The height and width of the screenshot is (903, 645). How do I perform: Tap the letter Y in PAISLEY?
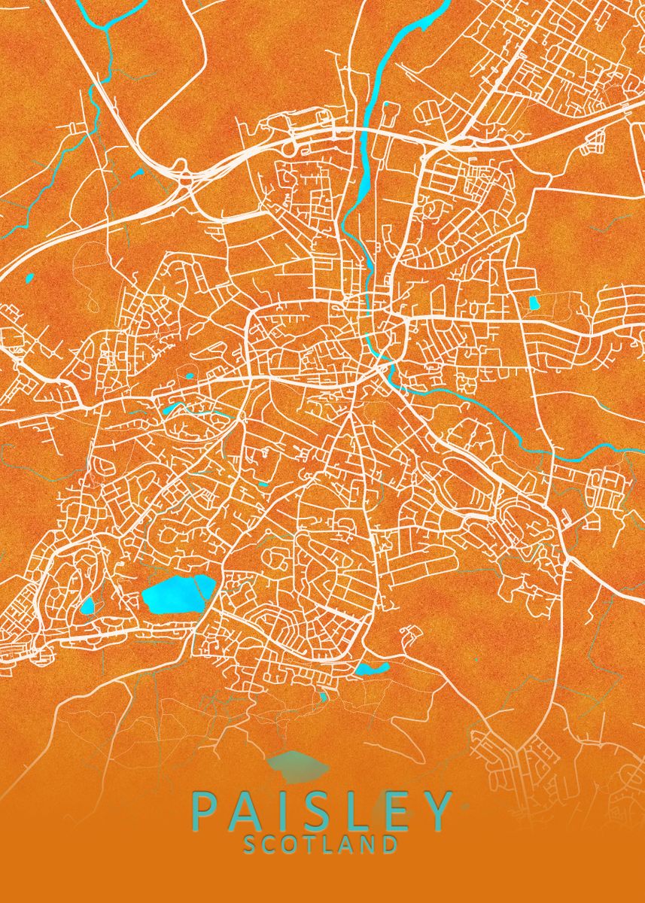439,810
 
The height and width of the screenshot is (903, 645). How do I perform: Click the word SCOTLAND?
321,844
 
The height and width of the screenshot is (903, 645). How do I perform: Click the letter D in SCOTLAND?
391,844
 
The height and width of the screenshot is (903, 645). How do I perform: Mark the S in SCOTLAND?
251,844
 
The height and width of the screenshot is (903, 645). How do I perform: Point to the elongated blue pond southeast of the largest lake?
372,668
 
